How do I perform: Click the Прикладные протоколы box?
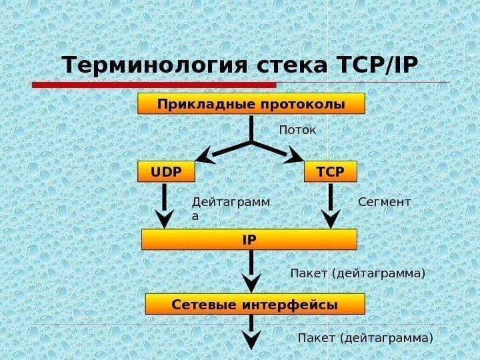(x=251, y=104)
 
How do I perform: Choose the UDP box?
(x=166, y=171)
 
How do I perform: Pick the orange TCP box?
(x=331, y=171)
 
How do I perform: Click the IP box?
(x=249, y=239)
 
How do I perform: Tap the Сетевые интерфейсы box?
(x=255, y=304)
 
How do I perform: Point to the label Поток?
(x=297, y=129)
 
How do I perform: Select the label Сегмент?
(x=385, y=201)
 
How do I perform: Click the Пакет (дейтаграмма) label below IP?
(x=358, y=273)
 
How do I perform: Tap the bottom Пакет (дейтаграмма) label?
(x=365, y=338)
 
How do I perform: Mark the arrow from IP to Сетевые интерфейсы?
(x=251, y=271)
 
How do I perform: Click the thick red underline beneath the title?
(x=154, y=85)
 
